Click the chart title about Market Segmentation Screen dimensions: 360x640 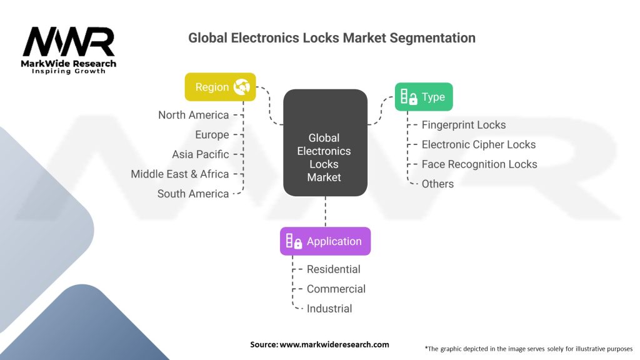click(x=332, y=38)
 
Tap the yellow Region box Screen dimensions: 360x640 click(x=221, y=87)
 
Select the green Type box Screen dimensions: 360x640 click(x=423, y=97)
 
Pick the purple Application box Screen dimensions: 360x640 click(x=325, y=241)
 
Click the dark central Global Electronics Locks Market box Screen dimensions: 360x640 click(x=324, y=142)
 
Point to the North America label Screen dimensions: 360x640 click(x=193, y=115)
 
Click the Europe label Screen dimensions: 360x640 click(x=212, y=134)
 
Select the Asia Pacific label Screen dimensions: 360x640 click(x=200, y=154)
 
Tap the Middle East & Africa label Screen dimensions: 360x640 click(x=180, y=174)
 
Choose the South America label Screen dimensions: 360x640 click(x=193, y=194)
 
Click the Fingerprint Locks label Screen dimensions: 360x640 click(x=464, y=125)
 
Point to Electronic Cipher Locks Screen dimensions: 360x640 click(x=479, y=144)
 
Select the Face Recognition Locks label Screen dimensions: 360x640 click(x=479, y=164)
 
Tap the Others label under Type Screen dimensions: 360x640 click(x=437, y=184)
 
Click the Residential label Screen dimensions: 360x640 click(x=333, y=269)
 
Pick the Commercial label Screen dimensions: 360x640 click(x=336, y=289)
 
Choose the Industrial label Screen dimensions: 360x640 click(x=329, y=309)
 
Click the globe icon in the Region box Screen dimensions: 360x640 click(x=241, y=87)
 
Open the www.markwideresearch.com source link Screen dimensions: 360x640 click(x=334, y=344)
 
